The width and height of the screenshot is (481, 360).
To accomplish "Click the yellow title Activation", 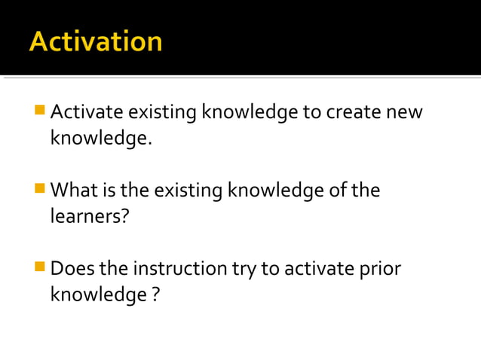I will coord(96,41).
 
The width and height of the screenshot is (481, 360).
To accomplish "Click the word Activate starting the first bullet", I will coord(86,113).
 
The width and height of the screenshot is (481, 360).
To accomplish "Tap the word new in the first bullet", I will coord(405,113).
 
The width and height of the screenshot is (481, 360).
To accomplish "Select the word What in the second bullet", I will coord(75,191).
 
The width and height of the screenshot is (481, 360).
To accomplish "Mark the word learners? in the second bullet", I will coord(87,216).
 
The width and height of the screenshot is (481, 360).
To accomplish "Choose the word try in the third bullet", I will coord(244,269).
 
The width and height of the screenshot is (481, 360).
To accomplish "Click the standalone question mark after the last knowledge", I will coord(155,294).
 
